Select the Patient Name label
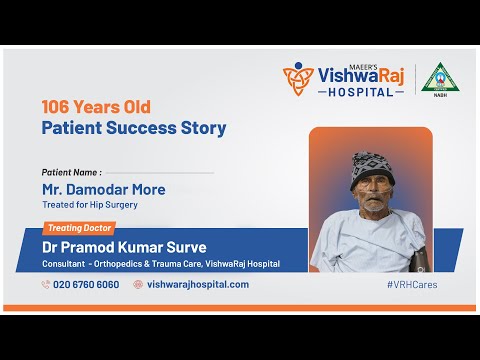tap(71, 172)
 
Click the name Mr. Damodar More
tap(104, 189)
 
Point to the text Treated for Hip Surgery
tap(89, 205)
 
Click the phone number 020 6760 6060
tap(86, 284)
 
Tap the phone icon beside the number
tap(46, 284)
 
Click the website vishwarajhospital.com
tap(198, 284)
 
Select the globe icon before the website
tap(138, 284)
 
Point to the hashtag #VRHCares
tap(411, 284)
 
